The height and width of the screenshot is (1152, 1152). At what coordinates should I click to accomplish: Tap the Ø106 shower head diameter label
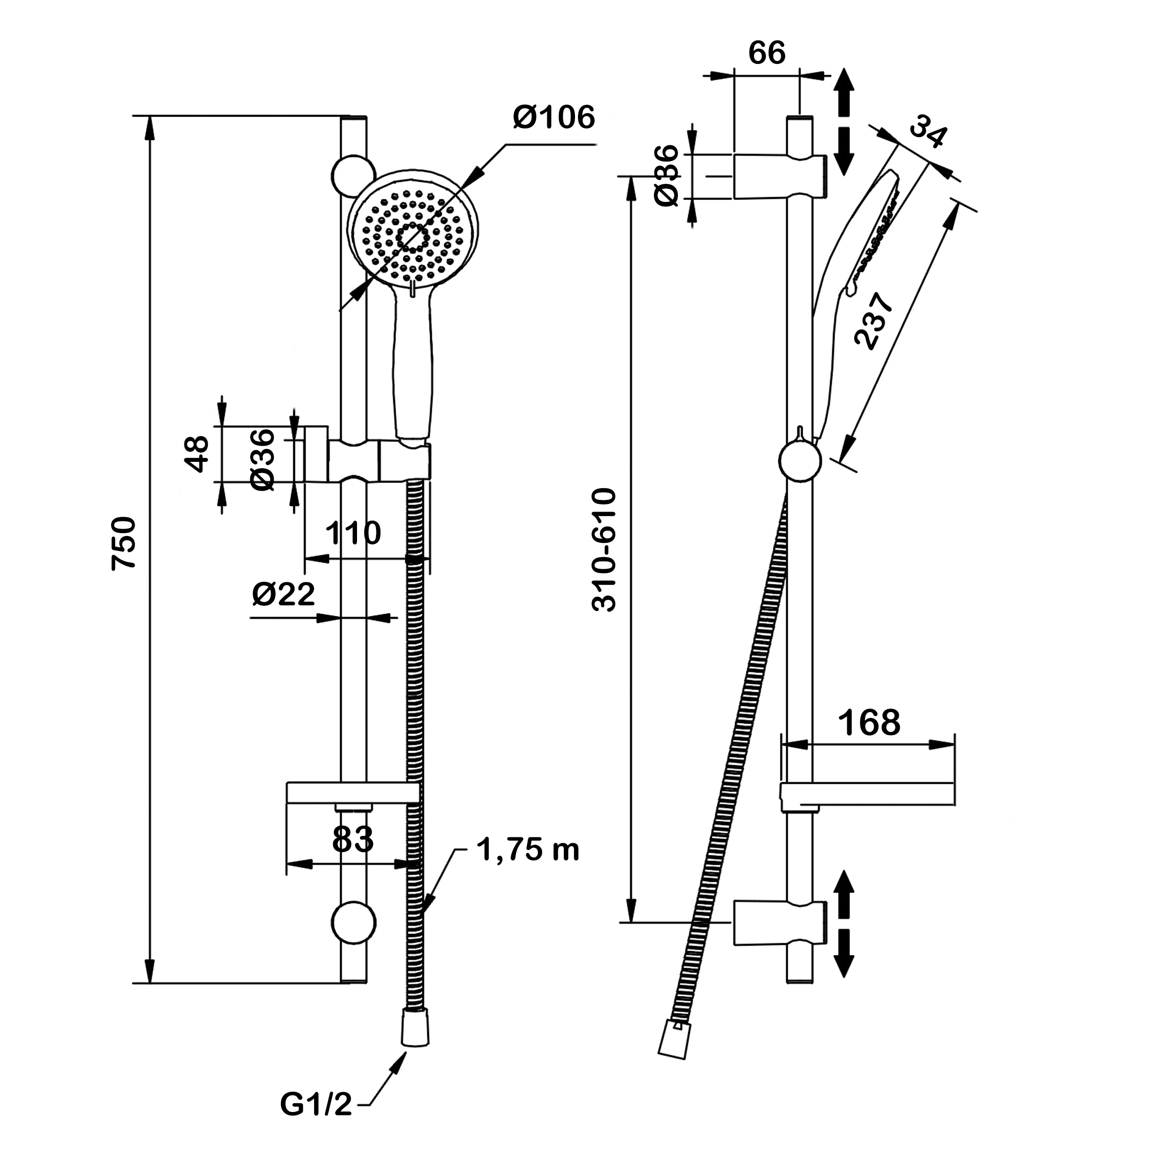tap(554, 118)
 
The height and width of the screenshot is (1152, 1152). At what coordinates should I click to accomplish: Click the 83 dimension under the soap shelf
tap(353, 839)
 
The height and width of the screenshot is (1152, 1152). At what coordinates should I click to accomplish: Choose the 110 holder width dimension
tap(353, 533)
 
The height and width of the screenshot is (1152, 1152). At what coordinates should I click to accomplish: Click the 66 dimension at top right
tap(767, 53)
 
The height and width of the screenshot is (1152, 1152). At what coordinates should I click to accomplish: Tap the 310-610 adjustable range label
tap(603, 550)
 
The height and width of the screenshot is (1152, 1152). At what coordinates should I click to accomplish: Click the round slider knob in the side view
tap(799, 461)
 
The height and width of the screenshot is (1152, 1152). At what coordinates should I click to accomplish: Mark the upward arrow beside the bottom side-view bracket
tap(843, 893)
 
